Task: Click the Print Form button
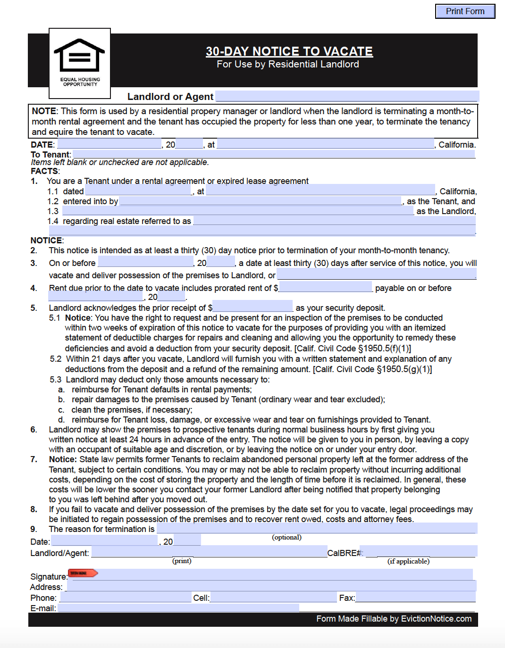click(465, 11)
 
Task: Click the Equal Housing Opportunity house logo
click(79, 56)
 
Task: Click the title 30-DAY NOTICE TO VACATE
click(289, 51)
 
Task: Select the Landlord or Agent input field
click(347, 97)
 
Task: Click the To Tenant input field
click(274, 154)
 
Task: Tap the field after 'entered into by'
click(261, 201)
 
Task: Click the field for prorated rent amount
click(326, 287)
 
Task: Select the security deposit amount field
click(252, 307)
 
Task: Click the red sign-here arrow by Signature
click(83, 573)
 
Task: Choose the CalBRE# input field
click(421, 551)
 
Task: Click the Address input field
click(271, 586)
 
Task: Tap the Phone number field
click(126, 597)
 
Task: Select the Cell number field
click(273, 597)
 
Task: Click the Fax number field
click(415, 597)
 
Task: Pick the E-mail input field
click(178, 608)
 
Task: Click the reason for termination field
click(316, 528)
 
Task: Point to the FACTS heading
click(45, 171)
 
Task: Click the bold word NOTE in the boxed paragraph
click(44, 111)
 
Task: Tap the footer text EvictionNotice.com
click(436, 619)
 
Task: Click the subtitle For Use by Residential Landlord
click(288, 64)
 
